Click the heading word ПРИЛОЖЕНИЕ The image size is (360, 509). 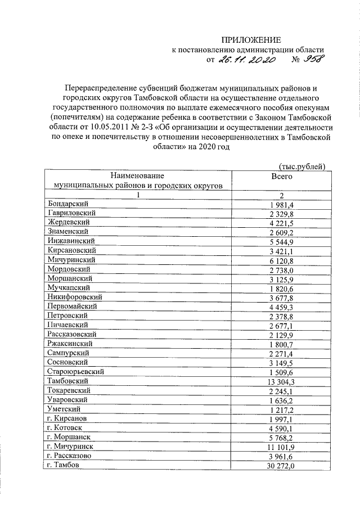pos(250,39)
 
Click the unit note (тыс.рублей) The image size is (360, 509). pos(302,165)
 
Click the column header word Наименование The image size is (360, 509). pos(138,175)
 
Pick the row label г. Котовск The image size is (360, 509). pos(66,428)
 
